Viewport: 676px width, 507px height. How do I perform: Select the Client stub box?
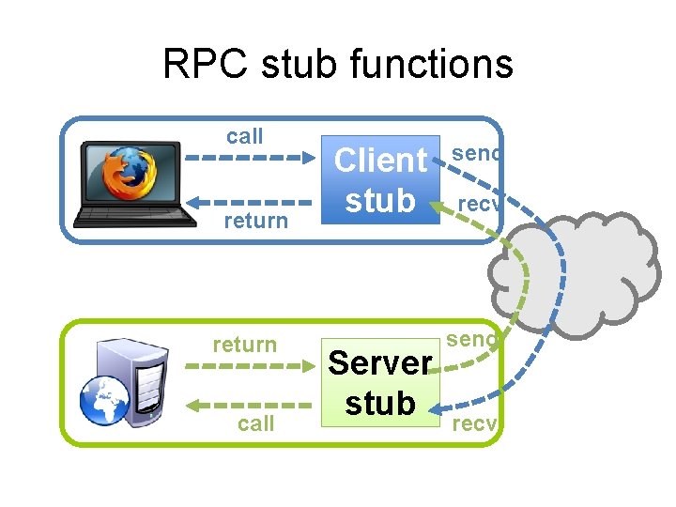pyautogui.click(x=380, y=179)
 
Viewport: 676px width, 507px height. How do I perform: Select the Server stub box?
pyautogui.click(x=380, y=382)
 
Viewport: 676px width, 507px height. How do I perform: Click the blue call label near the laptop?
pyautogui.click(x=245, y=136)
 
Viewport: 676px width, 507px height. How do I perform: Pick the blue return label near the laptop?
pyautogui.click(x=255, y=221)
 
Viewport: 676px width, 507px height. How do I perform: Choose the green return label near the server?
pyautogui.click(x=245, y=345)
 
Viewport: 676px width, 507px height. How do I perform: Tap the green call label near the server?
pyautogui.click(x=255, y=423)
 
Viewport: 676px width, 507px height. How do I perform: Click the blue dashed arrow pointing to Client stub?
pyautogui.click(x=248, y=159)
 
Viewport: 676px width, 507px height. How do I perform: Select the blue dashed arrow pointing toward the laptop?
pyautogui.click(x=248, y=200)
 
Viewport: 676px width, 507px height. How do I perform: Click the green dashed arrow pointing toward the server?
pyautogui.click(x=248, y=406)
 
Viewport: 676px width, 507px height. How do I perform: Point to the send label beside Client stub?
pyautogui.click(x=476, y=153)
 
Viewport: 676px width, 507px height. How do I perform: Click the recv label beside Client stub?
pyautogui.click(x=481, y=204)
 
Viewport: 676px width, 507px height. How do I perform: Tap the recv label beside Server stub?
pyautogui.click(x=474, y=424)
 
